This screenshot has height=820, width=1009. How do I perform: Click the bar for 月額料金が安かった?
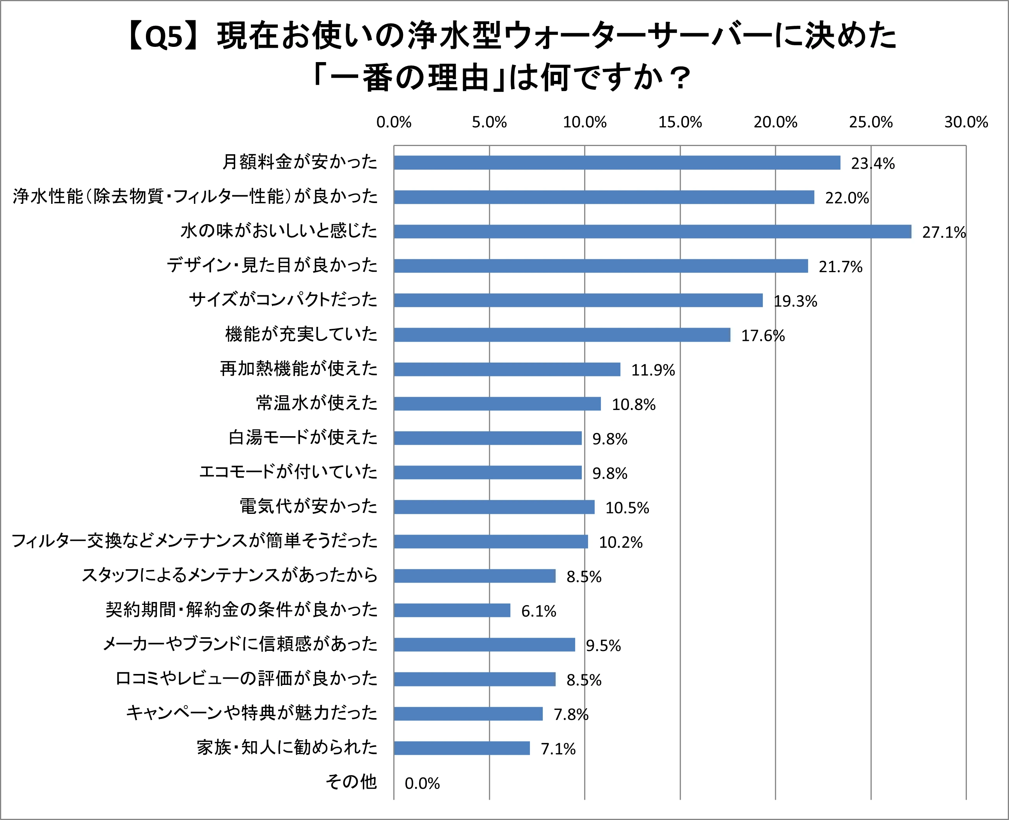click(617, 162)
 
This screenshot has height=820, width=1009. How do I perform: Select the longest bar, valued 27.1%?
click(652, 232)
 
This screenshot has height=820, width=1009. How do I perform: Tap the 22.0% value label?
click(847, 198)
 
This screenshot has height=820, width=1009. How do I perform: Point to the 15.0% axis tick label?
click(680, 122)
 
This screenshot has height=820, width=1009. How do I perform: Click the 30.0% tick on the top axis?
click(966, 122)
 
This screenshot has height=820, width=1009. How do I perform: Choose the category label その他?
click(351, 782)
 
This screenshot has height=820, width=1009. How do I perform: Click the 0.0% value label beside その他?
click(422, 784)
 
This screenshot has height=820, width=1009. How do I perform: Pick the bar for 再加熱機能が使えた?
click(507, 369)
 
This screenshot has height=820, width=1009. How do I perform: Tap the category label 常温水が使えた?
click(317, 403)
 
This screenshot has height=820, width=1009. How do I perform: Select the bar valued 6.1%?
click(452, 610)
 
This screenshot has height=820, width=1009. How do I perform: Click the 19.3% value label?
click(795, 301)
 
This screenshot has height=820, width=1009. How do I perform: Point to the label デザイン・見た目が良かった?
click(272, 265)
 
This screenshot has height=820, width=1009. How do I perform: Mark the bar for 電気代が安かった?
click(494, 507)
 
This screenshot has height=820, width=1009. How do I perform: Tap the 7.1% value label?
click(558, 749)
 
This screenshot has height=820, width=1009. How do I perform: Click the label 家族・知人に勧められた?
click(287, 747)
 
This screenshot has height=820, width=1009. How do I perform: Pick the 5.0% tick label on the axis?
click(489, 122)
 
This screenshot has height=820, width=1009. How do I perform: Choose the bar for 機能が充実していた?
click(561, 335)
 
